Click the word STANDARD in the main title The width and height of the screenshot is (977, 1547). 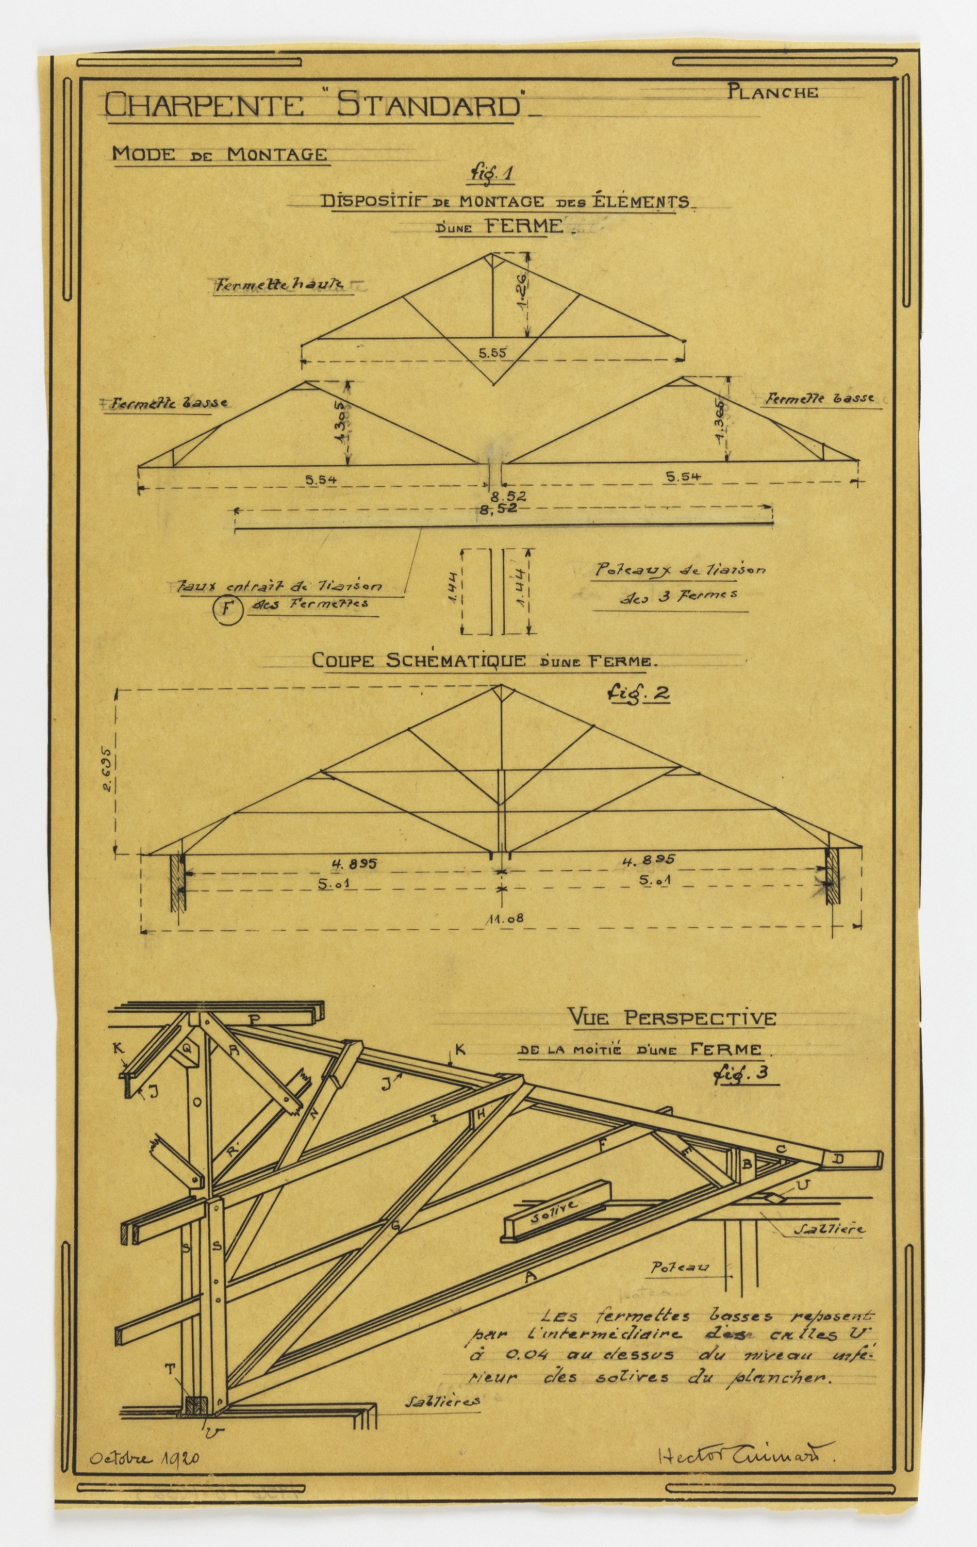click(428, 105)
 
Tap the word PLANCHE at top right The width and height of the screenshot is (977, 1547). click(773, 92)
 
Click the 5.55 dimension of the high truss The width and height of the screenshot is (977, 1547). click(493, 352)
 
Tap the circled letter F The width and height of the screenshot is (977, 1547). click(225, 608)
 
